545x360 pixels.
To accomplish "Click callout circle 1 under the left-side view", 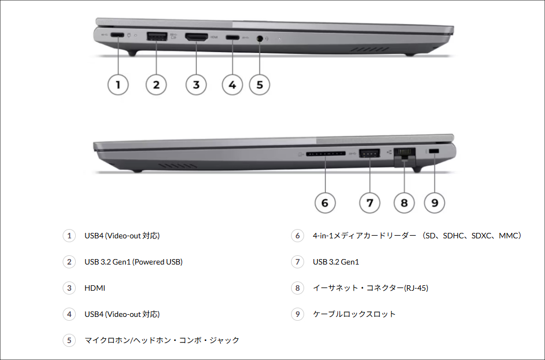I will [x=118, y=85].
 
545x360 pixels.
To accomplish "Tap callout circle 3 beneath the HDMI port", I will [x=196, y=85].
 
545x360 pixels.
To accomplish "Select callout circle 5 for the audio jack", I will [x=259, y=85].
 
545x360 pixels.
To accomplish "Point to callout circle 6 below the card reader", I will [x=325, y=203].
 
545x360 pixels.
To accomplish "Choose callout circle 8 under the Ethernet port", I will [x=404, y=203].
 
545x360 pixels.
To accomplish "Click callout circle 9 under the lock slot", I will [x=434, y=203].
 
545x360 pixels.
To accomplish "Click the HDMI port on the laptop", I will [x=196, y=37].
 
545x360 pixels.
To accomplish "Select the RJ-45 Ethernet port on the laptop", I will [x=404, y=153].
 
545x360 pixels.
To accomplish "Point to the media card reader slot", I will [x=325, y=154].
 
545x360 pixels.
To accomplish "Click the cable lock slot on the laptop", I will [x=434, y=151].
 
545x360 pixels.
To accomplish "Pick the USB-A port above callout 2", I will [x=156, y=37].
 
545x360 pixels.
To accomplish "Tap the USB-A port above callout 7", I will [x=370, y=153].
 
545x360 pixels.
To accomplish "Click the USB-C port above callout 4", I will [x=233, y=38].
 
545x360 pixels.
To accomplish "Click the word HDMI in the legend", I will [x=95, y=288].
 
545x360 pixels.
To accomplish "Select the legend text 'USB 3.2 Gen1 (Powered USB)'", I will [x=133, y=262].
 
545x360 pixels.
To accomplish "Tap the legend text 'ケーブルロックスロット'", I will [x=354, y=314].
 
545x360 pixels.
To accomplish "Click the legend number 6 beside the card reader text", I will [x=297, y=236].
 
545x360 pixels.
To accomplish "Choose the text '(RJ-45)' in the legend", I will [x=416, y=288].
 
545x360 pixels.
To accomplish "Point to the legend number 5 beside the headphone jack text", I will [x=69, y=340].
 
